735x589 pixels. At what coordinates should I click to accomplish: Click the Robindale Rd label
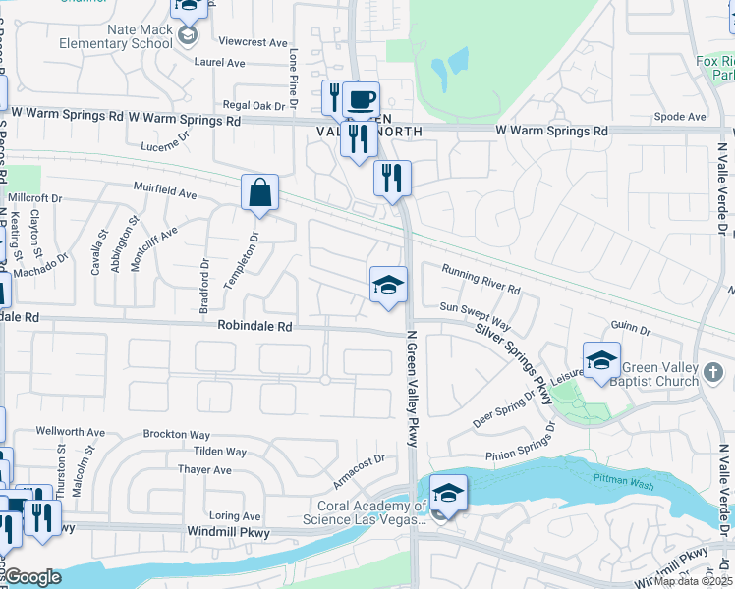click(255, 326)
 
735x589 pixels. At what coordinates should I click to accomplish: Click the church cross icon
click(713, 373)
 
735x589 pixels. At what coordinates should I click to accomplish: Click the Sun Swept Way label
click(475, 314)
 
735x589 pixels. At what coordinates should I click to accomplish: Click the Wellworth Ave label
click(70, 431)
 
